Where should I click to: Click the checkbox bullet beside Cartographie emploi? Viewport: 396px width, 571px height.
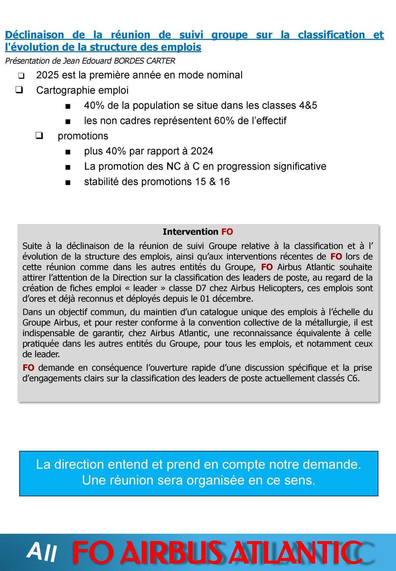[x=19, y=90]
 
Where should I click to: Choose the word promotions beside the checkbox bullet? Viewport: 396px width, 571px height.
[x=83, y=136]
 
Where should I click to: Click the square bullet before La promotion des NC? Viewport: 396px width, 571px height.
[x=68, y=167]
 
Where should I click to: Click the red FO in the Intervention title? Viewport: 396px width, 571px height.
[x=227, y=232]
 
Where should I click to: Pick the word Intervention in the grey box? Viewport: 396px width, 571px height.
[x=190, y=232]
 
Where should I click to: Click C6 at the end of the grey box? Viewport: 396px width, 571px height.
[x=352, y=378]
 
